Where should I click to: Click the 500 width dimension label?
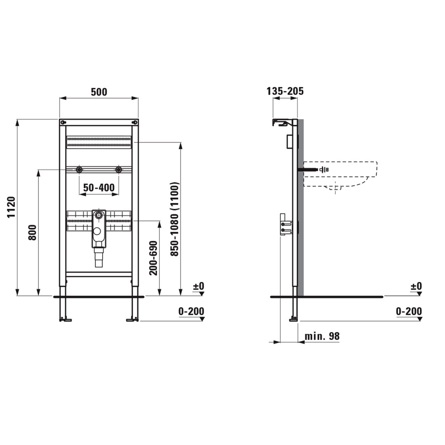[99, 92]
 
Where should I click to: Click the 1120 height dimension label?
[11, 207]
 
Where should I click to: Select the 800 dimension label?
[33, 233]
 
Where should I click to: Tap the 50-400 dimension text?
[99, 187]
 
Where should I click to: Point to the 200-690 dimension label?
[153, 258]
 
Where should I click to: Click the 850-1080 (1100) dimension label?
[175, 219]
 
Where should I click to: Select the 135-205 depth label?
[285, 91]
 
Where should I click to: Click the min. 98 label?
[322, 336]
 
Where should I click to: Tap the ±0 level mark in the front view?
[199, 286]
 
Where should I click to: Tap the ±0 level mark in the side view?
[416, 286]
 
